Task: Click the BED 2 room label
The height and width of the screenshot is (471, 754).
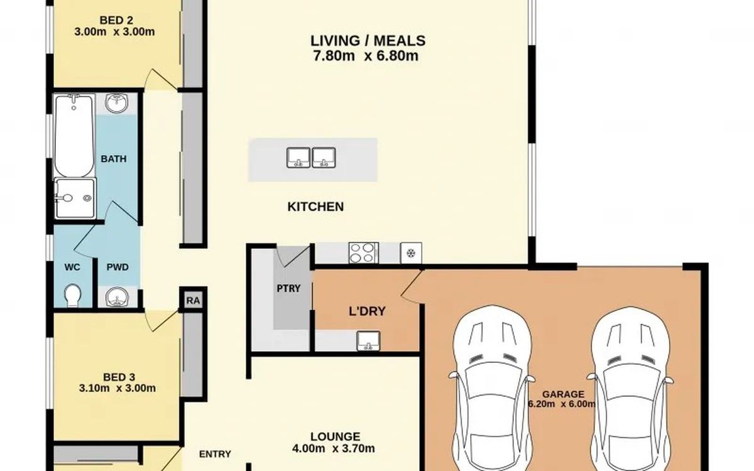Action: tap(116, 20)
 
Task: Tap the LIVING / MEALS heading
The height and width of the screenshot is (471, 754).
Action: tap(368, 41)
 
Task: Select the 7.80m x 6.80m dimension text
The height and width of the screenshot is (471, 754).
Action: tap(366, 55)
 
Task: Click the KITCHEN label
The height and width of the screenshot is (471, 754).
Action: tap(315, 207)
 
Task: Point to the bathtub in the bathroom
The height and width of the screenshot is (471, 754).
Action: tap(74, 135)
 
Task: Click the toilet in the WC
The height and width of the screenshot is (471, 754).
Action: tap(72, 295)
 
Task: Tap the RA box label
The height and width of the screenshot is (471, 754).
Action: tap(193, 300)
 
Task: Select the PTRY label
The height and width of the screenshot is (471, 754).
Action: tap(288, 288)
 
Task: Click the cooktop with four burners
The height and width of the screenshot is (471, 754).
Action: tap(364, 253)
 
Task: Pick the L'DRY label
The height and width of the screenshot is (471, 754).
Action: tap(367, 311)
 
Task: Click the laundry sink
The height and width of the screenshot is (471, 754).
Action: tap(369, 340)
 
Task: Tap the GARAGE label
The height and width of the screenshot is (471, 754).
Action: tap(563, 394)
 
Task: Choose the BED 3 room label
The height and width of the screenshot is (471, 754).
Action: tap(119, 377)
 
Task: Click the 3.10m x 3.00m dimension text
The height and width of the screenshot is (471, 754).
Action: tap(117, 388)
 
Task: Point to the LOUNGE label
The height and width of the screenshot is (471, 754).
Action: tap(336, 436)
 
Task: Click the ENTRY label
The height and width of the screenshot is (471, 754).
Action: tap(215, 454)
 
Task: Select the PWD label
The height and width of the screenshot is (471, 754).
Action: tap(117, 267)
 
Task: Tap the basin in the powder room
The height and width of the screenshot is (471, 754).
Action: tap(117, 297)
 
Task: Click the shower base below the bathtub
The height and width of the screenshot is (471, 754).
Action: tap(75, 198)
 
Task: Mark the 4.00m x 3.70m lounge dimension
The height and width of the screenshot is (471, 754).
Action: tap(334, 448)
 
